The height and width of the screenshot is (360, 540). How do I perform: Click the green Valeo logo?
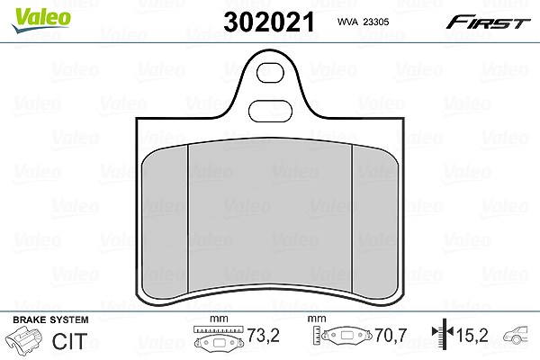coord(41,20)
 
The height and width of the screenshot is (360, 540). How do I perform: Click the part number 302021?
coord(269,22)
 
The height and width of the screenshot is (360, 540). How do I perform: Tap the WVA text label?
coord(347,22)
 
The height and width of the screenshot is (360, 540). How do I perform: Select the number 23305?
coord(376,22)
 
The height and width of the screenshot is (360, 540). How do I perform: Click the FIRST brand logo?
coord(488,22)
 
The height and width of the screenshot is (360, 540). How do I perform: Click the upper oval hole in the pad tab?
coord(270,73)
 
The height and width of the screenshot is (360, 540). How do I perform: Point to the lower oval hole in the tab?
coord(270,112)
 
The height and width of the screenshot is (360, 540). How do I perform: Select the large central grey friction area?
coord(270,214)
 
